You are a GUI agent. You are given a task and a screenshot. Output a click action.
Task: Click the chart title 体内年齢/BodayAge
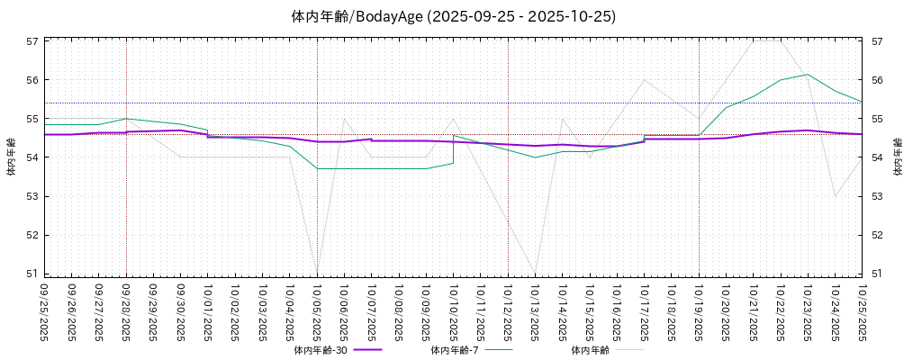[454, 16]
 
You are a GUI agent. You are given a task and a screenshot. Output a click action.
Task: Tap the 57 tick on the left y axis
[32, 41]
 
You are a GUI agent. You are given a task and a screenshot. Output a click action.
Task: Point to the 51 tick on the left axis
[32, 274]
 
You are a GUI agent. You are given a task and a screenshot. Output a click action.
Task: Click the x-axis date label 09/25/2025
[44, 310]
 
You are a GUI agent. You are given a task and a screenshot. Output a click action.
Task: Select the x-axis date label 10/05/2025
[317, 310]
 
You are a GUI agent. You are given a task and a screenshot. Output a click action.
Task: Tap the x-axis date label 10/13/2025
[536, 310]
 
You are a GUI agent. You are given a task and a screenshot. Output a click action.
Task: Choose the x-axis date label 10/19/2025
[699, 310]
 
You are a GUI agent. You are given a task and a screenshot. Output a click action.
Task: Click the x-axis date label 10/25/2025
[863, 310]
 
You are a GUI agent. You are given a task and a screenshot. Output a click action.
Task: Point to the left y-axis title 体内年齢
[11, 157]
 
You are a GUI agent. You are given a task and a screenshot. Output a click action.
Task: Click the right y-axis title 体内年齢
[898, 157]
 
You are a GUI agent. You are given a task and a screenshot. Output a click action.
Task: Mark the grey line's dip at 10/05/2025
[317, 273]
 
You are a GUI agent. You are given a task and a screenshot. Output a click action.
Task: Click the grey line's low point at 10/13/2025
[536, 273]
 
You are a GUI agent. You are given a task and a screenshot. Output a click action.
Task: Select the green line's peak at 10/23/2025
[808, 74]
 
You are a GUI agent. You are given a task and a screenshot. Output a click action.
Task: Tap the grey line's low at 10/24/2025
[835, 196]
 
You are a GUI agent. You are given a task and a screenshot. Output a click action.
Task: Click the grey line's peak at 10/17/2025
[645, 80]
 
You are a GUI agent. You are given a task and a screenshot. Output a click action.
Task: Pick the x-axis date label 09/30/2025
[181, 310]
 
